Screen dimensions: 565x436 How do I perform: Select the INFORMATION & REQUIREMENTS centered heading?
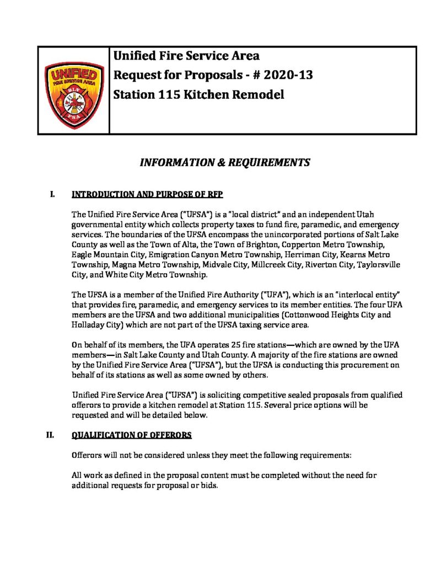[225, 163]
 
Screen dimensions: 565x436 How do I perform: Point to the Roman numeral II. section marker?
[50, 435]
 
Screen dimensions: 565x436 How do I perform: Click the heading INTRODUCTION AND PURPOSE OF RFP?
[147, 194]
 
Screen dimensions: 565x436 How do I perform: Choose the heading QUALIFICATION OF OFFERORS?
[132, 435]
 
